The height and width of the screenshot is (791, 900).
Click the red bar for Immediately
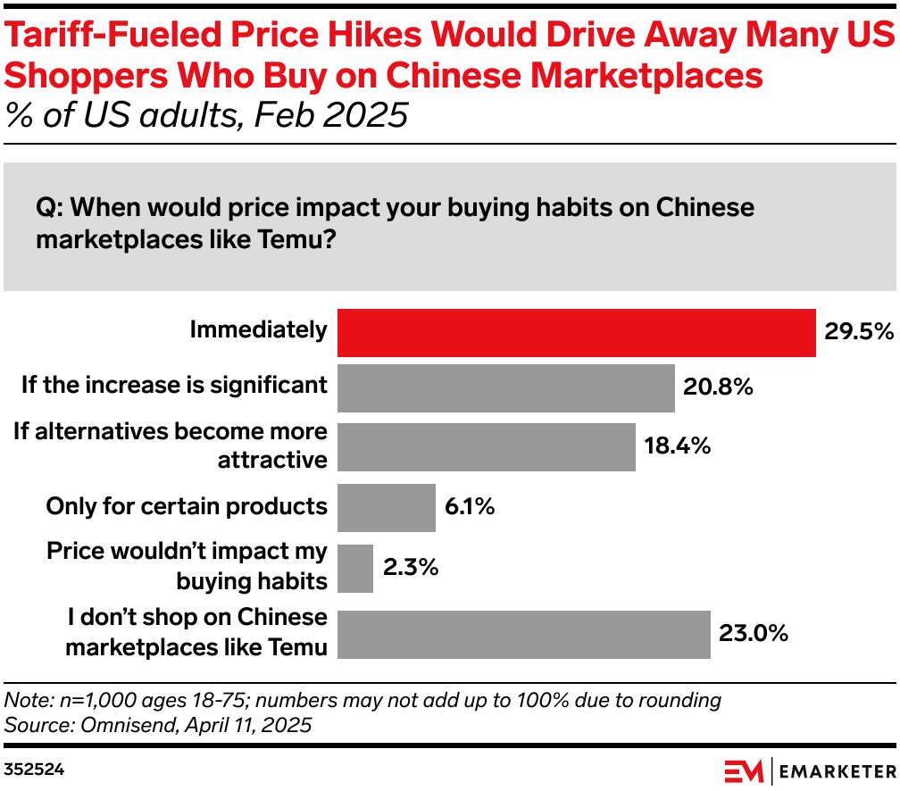[576, 333]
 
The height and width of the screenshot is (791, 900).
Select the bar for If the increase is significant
[505, 387]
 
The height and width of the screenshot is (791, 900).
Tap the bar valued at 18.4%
[486, 446]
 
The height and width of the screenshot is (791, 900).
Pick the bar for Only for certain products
[386, 507]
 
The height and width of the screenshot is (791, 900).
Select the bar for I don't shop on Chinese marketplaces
[523, 634]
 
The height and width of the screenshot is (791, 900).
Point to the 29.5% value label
[858, 332]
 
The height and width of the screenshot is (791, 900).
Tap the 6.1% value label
[470, 507]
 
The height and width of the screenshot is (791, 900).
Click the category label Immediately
[259, 330]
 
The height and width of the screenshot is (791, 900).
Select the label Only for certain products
[187, 506]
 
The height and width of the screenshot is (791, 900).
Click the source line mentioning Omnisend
[158, 725]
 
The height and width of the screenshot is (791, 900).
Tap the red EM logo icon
[743, 770]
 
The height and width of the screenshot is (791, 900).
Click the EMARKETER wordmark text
[837, 770]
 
